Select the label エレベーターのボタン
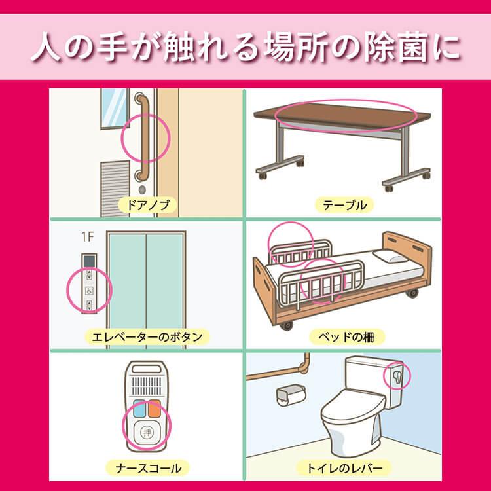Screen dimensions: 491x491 (x=147, y=337)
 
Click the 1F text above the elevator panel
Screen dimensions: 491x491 (x=86, y=236)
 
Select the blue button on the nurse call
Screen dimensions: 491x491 (x=137, y=409)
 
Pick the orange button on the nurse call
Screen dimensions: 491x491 (x=155, y=409)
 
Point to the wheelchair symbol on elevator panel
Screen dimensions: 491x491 (x=90, y=289)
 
